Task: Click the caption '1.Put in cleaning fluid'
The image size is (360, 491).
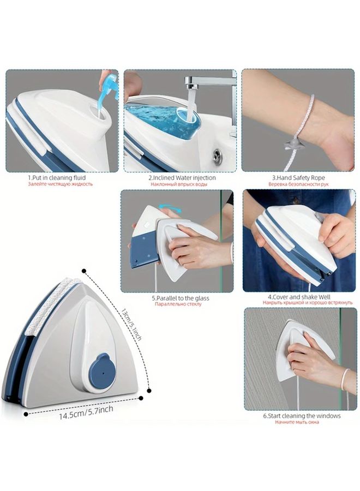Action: [57, 177]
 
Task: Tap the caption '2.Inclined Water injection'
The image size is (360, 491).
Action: [182, 177]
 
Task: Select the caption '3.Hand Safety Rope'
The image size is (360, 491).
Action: [297, 177]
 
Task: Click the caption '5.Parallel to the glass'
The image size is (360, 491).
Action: [180, 298]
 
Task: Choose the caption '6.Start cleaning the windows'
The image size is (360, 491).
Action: [302, 416]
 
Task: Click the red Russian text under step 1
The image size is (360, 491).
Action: [60, 184]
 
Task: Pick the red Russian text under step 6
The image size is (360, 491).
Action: [297, 423]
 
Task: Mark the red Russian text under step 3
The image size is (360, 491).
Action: [297, 184]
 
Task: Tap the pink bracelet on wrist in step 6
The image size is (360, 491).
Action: [346, 379]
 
